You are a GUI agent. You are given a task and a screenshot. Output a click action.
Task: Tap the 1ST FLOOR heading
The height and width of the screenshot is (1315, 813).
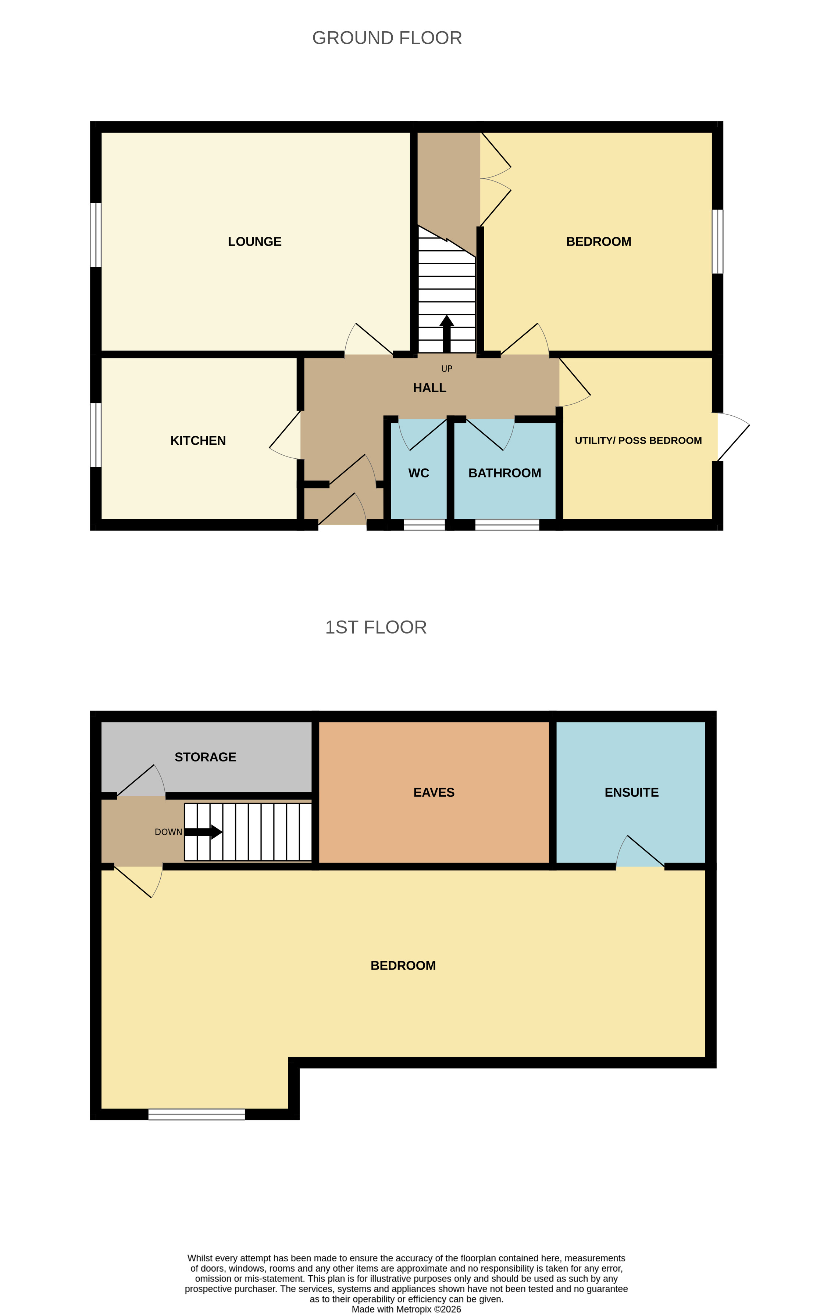[375, 627]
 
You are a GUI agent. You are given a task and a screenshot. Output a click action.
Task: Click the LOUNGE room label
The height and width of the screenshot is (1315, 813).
[254, 242]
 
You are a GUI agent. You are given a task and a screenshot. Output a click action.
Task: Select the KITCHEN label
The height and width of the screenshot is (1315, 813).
[198, 441]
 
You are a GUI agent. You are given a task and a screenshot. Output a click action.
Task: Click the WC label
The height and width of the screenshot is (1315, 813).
[418, 473]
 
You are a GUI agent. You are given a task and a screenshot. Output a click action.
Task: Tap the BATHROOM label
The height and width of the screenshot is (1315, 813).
[504, 473]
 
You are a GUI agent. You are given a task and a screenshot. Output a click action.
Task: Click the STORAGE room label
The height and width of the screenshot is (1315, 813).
[206, 757]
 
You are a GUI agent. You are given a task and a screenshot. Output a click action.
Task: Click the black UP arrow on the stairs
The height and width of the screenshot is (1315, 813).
[446, 333]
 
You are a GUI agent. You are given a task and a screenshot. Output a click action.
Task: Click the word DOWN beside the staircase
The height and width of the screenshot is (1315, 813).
[168, 832]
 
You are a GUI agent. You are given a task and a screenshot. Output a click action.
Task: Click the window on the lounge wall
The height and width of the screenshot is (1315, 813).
[96, 235]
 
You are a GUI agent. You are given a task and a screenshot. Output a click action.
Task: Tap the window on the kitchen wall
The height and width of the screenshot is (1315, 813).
[96, 435]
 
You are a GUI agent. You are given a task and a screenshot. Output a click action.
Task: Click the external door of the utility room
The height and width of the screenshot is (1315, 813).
[732, 436]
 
